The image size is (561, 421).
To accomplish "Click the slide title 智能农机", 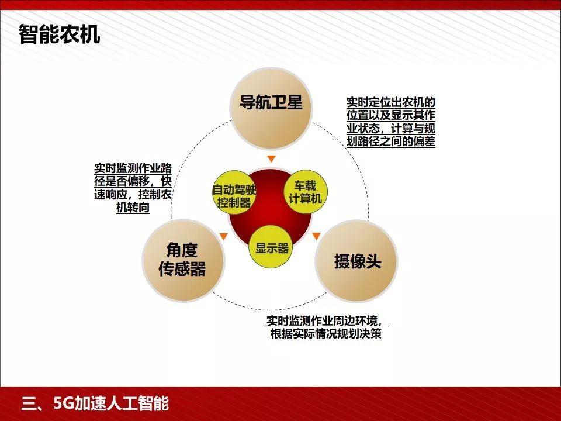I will (x=60, y=34).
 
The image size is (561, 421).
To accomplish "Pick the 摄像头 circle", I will (x=356, y=261).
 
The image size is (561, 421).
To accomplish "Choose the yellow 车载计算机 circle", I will (x=305, y=192).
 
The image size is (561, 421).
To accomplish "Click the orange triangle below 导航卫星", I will (x=270, y=159).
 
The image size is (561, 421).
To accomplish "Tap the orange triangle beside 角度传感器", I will (x=223, y=236).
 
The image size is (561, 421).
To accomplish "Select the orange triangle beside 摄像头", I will (x=316, y=236).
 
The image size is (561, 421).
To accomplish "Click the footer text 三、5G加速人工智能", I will (x=95, y=403).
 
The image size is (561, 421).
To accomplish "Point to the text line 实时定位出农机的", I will (x=391, y=102).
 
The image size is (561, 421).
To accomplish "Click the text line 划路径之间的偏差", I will (x=391, y=141).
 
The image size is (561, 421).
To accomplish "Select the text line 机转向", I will (x=133, y=208).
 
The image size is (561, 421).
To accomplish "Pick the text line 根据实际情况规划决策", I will (x=326, y=334).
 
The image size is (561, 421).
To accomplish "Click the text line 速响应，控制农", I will (x=133, y=195).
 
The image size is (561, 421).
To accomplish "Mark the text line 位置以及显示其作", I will (x=391, y=115).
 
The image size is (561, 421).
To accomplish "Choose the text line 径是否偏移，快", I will (x=133, y=181).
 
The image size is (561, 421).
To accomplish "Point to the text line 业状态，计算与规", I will (x=391, y=128).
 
